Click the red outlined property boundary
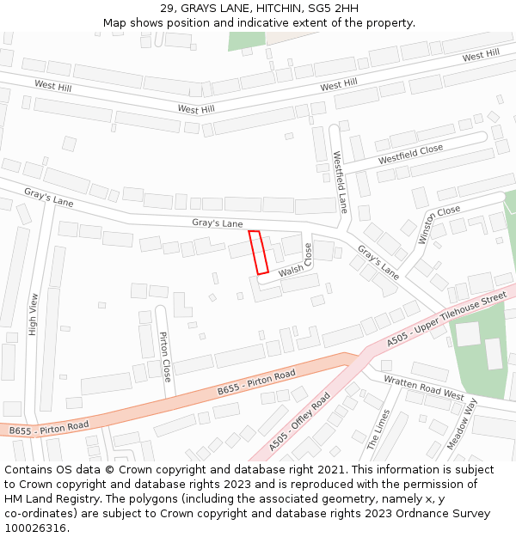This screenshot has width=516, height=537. tap(259, 252)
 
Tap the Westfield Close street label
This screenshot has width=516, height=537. tap(410, 155)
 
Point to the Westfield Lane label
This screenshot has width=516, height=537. tap(341, 182)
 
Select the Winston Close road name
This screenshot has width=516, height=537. tap(439, 224)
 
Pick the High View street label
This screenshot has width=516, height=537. tap(34, 314)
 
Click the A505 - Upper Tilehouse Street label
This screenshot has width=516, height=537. tap(446, 319)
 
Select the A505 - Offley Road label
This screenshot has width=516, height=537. tap(299, 422)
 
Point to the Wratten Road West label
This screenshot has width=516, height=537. tap(423, 387)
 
